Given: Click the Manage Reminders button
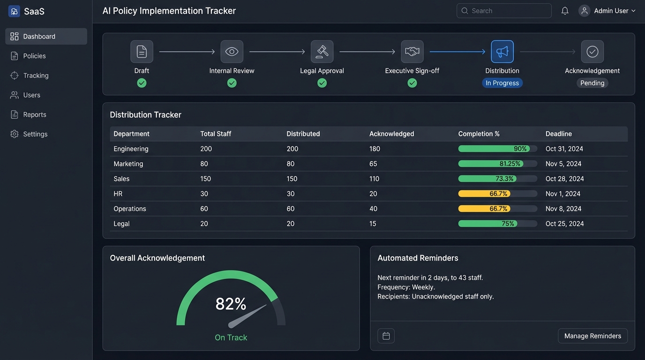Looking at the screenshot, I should pyautogui.click(x=592, y=336).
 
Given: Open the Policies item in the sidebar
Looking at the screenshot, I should pyautogui.click(x=34, y=56).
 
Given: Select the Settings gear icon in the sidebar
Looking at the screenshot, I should pyautogui.click(x=15, y=134).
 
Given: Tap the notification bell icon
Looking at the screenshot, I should pyautogui.click(x=565, y=11).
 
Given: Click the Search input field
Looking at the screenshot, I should pyautogui.click(x=504, y=11).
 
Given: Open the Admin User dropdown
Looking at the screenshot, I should pyautogui.click(x=607, y=11).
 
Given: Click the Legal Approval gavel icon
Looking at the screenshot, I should pyautogui.click(x=322, y=52).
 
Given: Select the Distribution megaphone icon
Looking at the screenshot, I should pyautogui.click(x=502, y=52).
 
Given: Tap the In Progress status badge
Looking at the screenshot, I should pyautogui.click(x=502, y=83).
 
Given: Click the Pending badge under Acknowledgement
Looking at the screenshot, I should pyautogui.click(x=592, y=83).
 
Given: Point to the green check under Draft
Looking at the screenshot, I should pyautogui.click(x=142, y=83).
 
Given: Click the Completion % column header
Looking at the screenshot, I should pyautogui.click(x=479, y=134).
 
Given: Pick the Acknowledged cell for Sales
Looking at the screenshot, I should pyautogui.click(x=374, y=179).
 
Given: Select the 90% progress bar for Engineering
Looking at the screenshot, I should pyautogui.click(x=497, y=149).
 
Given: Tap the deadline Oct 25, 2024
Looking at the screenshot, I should pyautogui.click(x=564, y=224).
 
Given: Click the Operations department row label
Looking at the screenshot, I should pyautogui.click(x=130, y=209).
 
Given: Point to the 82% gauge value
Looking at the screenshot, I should pyautogui.click(x=231, y=304).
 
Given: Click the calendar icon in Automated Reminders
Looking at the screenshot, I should pyautogui.click(x=386, y=336).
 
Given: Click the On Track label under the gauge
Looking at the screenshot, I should pyautogui.click(x=231, y=337).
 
